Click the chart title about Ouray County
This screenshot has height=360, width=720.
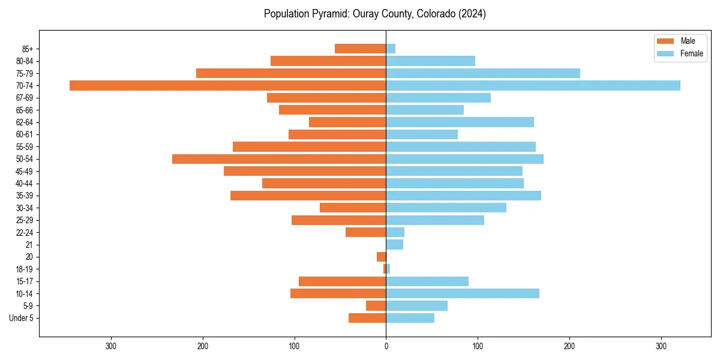pyautogui.click(x=374, y=14)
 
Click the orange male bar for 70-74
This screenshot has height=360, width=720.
pyautogui.click(x=227, y=85)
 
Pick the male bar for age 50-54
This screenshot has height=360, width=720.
pyautogui.click(x=279, y=159)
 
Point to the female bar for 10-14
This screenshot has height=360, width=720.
pyautogui.click(x=463, y=293)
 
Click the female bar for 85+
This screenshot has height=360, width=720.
pyautogui.click(x=391, y=49)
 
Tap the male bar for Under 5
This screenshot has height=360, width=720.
pyautogui.click(x=367, y=318)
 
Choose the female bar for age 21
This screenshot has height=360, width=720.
pyautogui.click(x=394, y=244)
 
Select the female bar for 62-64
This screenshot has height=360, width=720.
pyautogui.click(x=460, y=122)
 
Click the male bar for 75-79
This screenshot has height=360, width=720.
pyautogui.click(x=291, y=73)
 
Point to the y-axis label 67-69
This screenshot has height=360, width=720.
pyautogui.click(x=25, y=98)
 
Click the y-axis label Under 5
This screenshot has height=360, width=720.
pyautogui.click(x=21, y=318)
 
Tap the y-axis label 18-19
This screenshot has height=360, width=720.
pyautogui.click(x=25, y=269)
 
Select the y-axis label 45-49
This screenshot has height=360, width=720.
pyautogui.click(x=25, y=171)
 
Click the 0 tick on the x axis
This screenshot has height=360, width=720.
pyautogui.click(x=386, y=346)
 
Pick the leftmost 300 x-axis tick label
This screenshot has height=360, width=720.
pyautogui.click(x=111, y=346)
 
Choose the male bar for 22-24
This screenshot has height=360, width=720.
pyautogui.click(x=365, y=232)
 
